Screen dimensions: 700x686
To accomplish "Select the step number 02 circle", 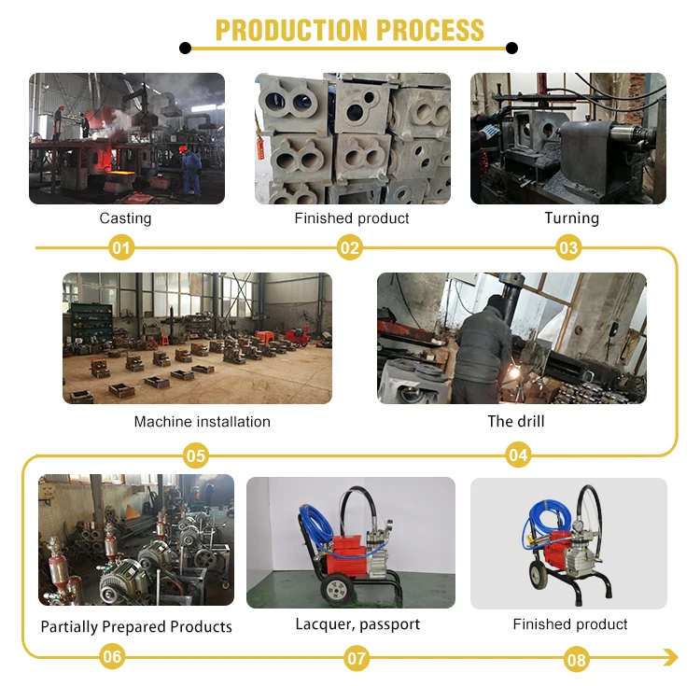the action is (x=350, y=248).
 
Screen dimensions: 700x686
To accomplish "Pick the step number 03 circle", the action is (x=568, y=248).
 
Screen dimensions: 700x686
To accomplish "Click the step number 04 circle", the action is (x=519, y=456).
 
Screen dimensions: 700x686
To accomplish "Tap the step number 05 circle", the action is (x=195, y=456).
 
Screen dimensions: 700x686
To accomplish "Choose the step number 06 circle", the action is (x=112, y=657).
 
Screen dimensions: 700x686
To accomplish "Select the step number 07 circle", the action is (x=357, y=659).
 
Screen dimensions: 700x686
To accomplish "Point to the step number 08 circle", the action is (x=577, y=661).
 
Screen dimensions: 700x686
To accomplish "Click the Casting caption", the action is (x=125, y=218).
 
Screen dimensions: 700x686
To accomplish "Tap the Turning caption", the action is (x=571, y=218).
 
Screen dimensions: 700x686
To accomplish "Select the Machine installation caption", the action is (x=202, y=422).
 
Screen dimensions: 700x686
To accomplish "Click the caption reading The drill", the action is (x=515, y=422).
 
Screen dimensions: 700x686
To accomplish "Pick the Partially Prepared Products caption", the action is (x=136, y=626).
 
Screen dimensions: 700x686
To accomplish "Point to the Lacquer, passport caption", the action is (x=357, y=624).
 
